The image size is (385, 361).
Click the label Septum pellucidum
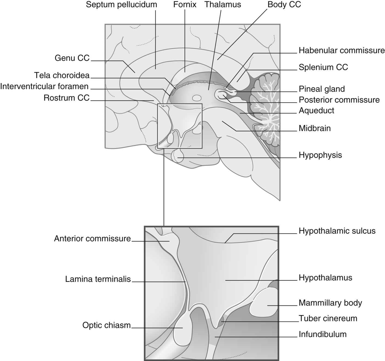point(121,5)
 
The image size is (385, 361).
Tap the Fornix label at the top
point(185,5)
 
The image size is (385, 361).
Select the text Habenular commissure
point(341,50)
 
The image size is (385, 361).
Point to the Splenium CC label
point(323,67)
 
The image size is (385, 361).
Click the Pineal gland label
point(322,89)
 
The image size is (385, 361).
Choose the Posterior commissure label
point(339,100)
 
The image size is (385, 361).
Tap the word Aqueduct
point(316,110)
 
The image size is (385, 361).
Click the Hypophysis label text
point(320,155)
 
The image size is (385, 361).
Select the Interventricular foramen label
point(44,87)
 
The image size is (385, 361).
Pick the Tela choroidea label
point(62,75)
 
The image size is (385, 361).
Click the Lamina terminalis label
point(98,279)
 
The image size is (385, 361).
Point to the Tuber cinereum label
point(328,318)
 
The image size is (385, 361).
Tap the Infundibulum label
point(323,334)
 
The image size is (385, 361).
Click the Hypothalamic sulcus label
point(337,231)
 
